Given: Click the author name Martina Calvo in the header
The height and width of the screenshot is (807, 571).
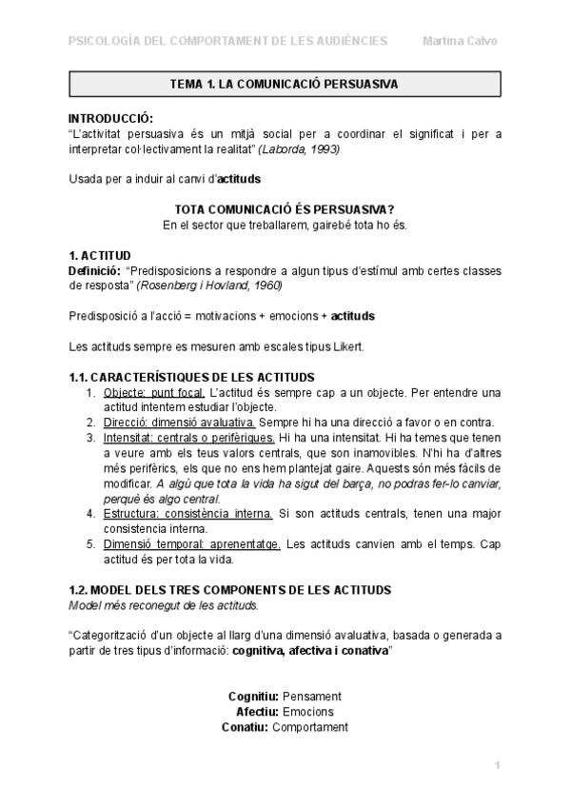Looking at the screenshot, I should click(x=461, y=41).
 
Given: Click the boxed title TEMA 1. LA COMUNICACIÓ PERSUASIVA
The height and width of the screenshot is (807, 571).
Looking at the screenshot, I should click(x=284, y=84).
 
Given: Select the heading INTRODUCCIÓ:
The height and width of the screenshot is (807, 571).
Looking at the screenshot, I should click(x=111, y=118).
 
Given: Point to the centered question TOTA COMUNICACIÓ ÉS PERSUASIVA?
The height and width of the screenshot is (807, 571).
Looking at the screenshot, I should click(x=285, y=209).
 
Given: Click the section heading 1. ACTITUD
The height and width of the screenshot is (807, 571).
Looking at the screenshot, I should click(x=100, y=256).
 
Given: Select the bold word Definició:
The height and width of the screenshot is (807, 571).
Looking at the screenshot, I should click(x=93, y=271).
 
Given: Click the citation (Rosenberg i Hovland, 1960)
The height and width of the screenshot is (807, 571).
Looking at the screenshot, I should click(x=209, y=285).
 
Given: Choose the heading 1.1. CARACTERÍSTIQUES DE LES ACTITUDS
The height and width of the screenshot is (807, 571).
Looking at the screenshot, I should click(x=191, y=378).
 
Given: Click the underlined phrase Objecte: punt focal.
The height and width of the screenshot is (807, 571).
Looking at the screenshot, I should click(x=153, y=392).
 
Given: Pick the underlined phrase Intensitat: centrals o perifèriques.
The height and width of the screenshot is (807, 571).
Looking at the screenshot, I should click(x=188, y=437).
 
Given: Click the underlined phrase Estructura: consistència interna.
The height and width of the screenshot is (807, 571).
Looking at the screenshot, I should click(x=187, y=513).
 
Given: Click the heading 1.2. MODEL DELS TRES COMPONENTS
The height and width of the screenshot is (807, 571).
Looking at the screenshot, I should click(x=229, y=590).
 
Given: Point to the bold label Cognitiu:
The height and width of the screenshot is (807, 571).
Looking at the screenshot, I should click(x=252, y=696).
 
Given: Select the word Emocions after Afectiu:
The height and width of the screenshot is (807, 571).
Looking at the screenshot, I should click(x=308, y=711).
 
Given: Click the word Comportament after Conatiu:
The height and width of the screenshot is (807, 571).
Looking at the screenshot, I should click(x=310, y=726).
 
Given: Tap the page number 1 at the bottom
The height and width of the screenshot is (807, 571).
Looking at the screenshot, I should click(x=497, y=766).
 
